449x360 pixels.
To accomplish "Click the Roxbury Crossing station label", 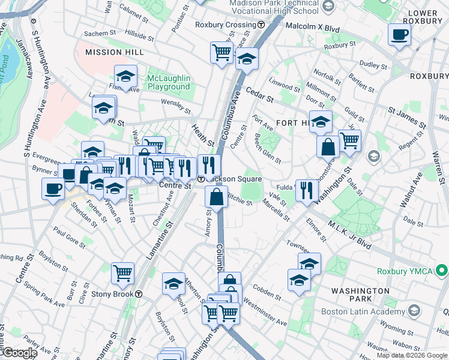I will pos(226,25).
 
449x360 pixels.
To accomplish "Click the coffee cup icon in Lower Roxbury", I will pos(399,35).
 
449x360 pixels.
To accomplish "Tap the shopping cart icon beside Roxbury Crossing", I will pos(221,52).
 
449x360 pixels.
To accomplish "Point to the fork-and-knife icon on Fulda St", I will pos(307,190).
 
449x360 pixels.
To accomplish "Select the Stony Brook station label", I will pos(112,294).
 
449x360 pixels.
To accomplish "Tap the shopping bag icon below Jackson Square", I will pos(216,196).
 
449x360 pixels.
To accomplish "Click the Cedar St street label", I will pos(259,94).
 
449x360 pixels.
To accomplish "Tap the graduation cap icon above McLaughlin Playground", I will pos(126,76).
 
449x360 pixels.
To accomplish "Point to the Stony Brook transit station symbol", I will pos(139,294).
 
